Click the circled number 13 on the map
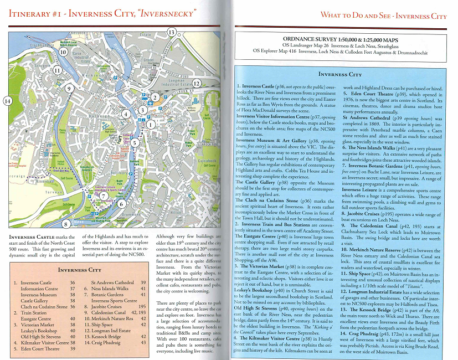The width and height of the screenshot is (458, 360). pyautogui.click(x=172, y=33)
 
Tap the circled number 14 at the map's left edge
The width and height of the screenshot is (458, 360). pyautogui.click(x=7, y=101)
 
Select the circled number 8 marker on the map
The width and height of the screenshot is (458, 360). pyautogui.click(x=66, y=224)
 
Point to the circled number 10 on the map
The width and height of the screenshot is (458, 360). pyautogui.click(x=63, y=53)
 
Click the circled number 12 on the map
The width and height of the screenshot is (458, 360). pyautogui.click(x=197, y=84)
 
